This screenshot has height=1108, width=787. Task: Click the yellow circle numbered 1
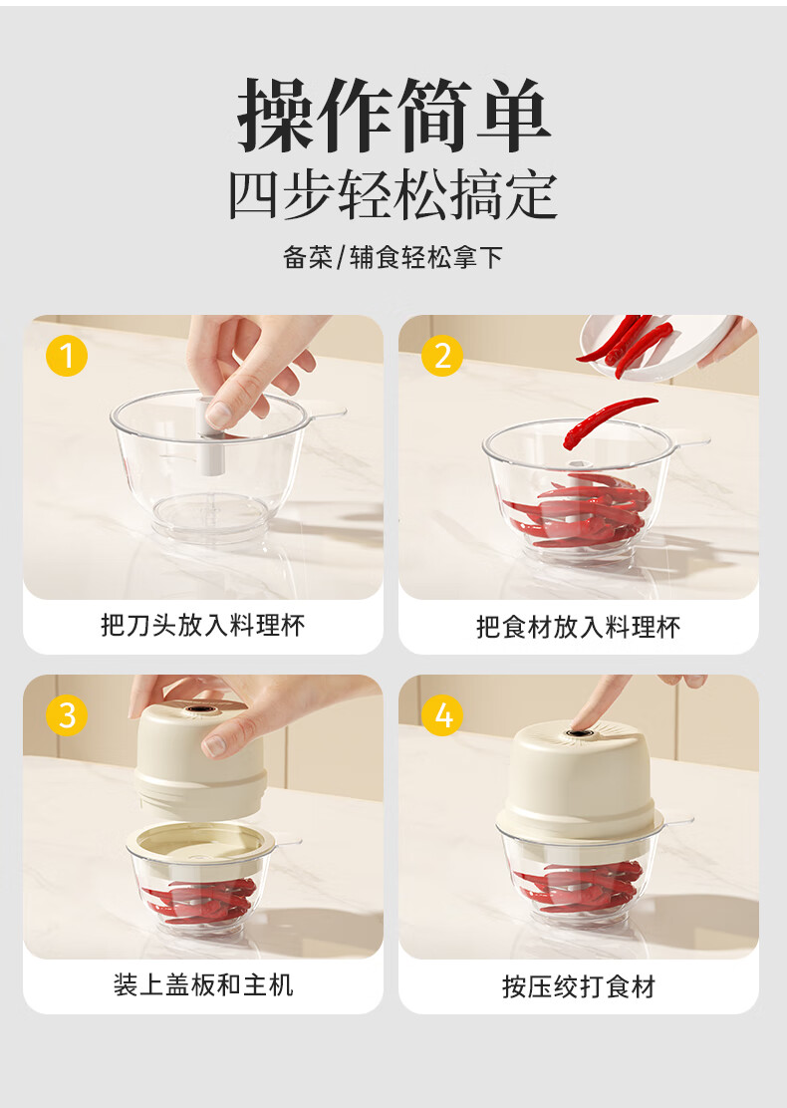click(x=67, y=356)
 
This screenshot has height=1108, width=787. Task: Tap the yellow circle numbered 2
click(x=442, y=356)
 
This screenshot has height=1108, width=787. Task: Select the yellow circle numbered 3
click(x=67, y=715)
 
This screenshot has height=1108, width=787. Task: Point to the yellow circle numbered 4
click(x=442, y=715)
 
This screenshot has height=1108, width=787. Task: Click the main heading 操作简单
click(x=393, y=116)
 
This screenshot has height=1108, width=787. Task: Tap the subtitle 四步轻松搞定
click(x=393, y=195)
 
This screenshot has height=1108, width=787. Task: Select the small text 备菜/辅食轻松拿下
click(x=393, y=257)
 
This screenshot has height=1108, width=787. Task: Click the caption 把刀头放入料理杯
click(x=203, y=626)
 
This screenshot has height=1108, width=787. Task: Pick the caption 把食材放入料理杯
click(x=578, y=627)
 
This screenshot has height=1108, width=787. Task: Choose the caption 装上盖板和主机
click(x=203, y=984)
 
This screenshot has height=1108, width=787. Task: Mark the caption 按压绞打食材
click(x=579, y=986)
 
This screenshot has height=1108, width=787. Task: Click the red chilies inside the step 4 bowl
click(x=580, y=886)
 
